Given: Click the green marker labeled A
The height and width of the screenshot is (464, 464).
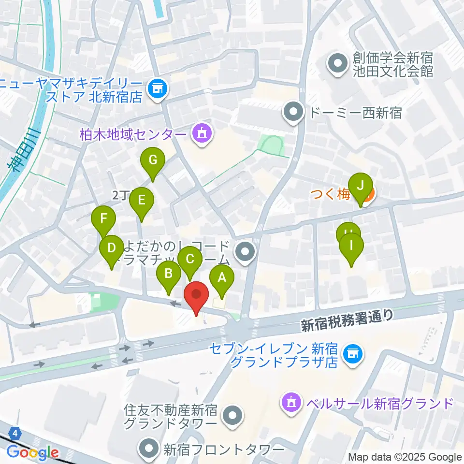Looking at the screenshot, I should click(222, 278).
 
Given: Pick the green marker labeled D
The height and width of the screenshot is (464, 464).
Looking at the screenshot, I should click(112, 249).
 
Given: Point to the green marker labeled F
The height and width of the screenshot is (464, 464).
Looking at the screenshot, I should click(103, 219).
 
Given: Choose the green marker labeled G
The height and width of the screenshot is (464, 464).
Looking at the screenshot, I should click(153, 161).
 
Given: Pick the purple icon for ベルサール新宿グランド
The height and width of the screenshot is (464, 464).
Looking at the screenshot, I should click(291, 402).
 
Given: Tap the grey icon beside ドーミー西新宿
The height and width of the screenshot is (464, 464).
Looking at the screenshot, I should click(293, 113).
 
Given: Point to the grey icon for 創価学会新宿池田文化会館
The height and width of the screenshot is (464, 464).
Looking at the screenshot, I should click(336, 63).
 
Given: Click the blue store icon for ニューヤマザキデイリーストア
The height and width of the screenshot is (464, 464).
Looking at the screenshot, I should click(156, 88).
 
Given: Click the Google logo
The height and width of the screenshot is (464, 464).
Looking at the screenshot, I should click(32, 453).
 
